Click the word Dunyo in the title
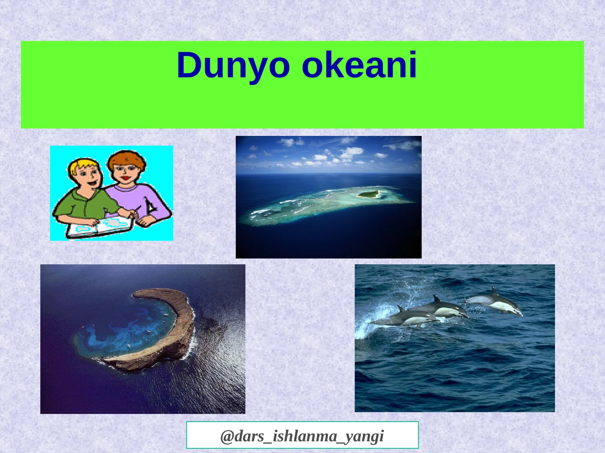click(x=233, y=65)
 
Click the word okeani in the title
click(x=359, y=65)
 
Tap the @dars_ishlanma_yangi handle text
click(x=302, y=436)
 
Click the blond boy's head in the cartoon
click(x=85, y=173)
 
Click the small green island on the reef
click(x=368, y=194)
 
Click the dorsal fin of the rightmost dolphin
click(x=493, y=291)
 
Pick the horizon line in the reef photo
click(x=328, y=173)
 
